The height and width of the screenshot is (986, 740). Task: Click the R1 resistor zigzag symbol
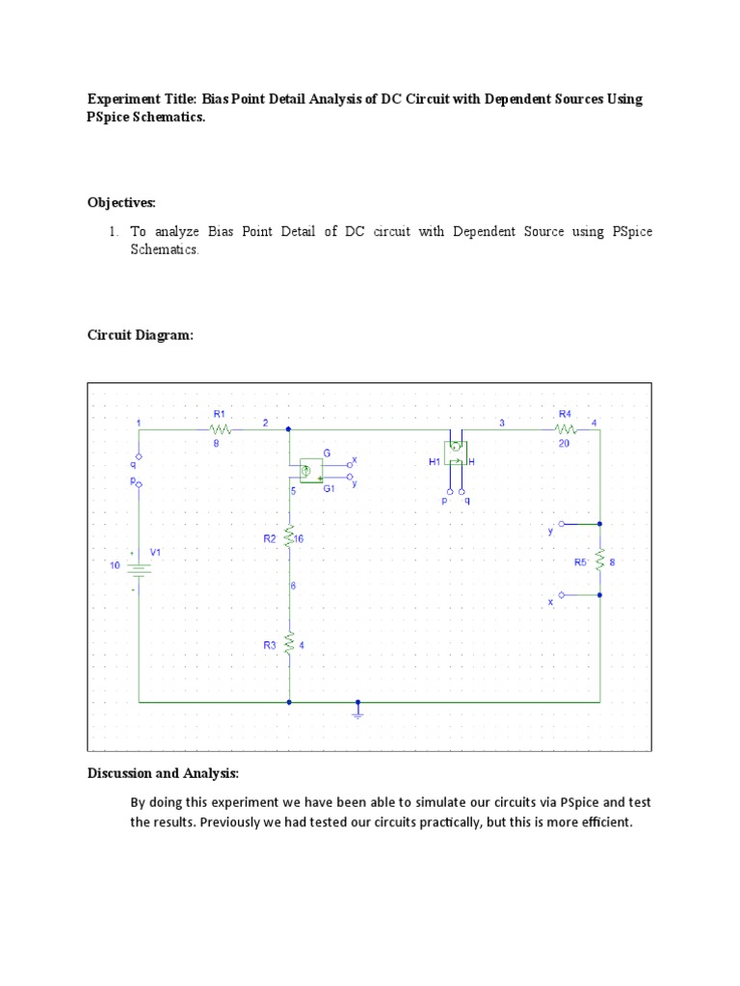tap(221, 430)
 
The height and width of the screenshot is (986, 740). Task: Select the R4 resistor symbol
tap(566, 430)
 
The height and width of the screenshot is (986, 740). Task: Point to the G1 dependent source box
tap(310, 470)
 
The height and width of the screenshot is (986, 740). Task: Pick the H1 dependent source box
tap(455, 452)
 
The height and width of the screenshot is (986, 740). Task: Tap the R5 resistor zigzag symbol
tap(599, 559)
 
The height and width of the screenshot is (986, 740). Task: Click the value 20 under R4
tap(565, 445)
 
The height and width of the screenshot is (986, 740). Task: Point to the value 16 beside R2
tap(299, 539)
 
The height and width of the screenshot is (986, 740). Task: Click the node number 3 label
tap(501, 423)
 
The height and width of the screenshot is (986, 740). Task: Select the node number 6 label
tap(293, 585)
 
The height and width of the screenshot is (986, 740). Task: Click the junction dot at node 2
tap(289, 430)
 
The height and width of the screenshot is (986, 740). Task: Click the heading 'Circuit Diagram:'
tap(141, 335)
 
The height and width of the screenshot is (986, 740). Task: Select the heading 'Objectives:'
tap(121, 202)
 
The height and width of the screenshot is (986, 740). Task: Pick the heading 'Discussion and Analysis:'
tap(163, 773)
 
